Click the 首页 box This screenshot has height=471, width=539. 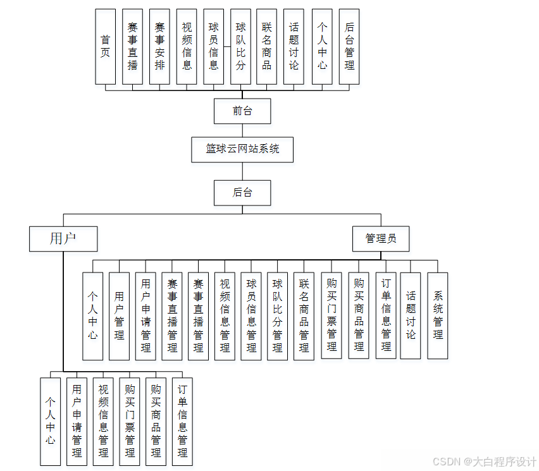(105, 47)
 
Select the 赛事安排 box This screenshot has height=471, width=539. (159, 47)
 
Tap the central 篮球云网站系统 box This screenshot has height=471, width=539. (242, 149)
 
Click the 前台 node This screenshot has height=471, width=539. (242, 111)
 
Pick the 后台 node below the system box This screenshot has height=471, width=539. (242, 193)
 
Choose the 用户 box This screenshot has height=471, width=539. (63, 239)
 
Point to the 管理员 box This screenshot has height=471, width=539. (381, 239)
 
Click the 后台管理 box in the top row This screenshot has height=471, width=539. (349, 47)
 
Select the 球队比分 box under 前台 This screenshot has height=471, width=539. (240, 47)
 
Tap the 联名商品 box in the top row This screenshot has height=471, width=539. (268, 47)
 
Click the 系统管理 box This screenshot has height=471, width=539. (438, 315)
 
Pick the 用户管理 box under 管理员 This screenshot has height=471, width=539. (119, 315)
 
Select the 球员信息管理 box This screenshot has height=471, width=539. (251, 315)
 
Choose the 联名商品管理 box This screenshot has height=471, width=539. (304, 315)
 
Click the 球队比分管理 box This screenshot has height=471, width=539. (278, 315)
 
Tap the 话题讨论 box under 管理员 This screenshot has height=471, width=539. (411, 315)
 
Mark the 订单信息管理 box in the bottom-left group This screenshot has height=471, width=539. (182, 422)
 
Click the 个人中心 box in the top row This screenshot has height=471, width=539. (322, 47)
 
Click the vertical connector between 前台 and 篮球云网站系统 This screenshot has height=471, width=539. (242, 130)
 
